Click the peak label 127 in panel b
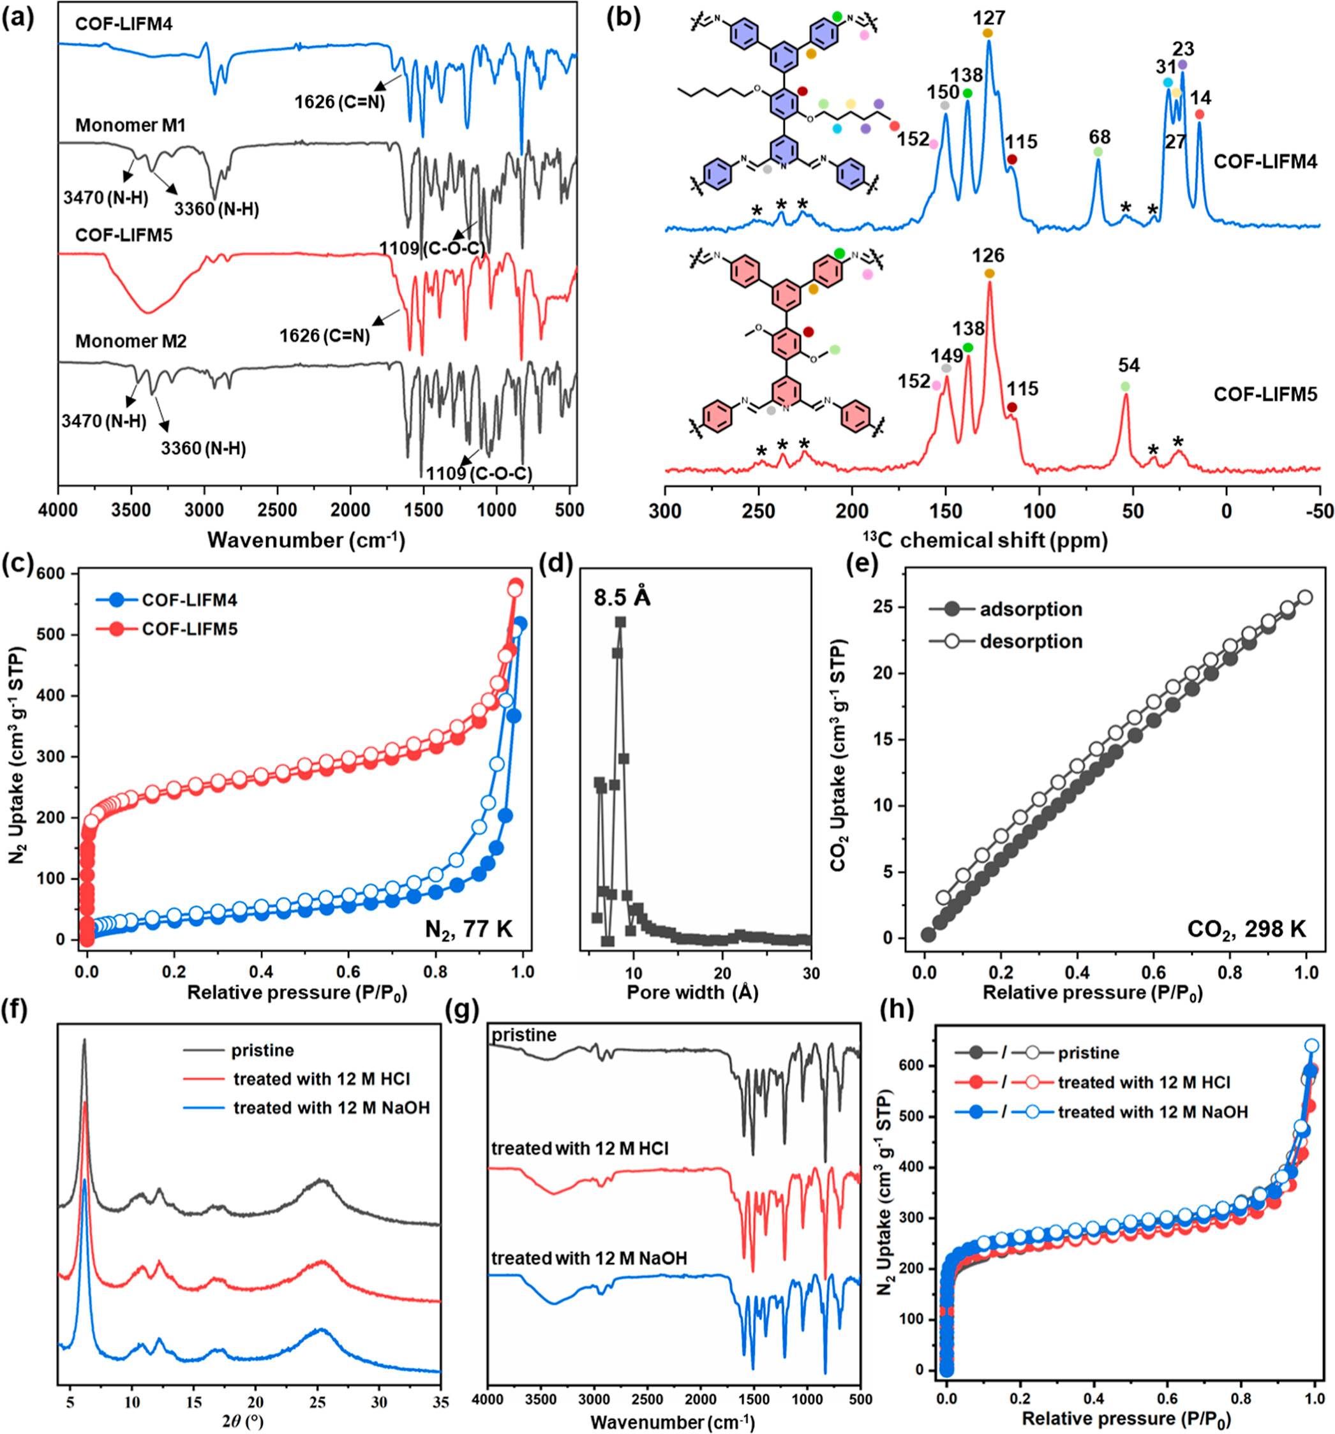coord(988,17)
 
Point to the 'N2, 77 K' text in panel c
coord(468,928)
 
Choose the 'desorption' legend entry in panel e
coord(1031,641)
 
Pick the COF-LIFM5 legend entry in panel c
coord(189,629)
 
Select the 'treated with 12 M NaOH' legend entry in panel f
coord(331,1107)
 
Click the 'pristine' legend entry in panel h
coord(1088,1053)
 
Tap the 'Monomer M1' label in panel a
coord(131,126)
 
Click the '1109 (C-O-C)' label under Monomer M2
coord(479,474)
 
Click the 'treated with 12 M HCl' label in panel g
coord(579,1148)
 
